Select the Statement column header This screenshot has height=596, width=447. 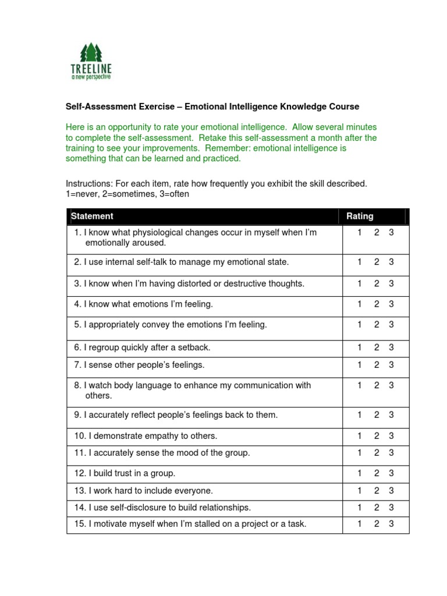92,216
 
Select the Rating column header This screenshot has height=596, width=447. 360,216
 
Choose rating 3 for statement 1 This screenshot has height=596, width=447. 392,232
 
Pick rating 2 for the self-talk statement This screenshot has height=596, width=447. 377,262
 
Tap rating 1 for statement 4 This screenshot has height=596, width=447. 360,304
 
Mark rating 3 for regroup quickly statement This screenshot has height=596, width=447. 392,347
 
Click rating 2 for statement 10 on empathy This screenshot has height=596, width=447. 377,436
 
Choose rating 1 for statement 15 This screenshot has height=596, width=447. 360,524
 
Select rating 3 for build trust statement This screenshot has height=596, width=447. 392,473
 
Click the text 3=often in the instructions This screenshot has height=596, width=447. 173,194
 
